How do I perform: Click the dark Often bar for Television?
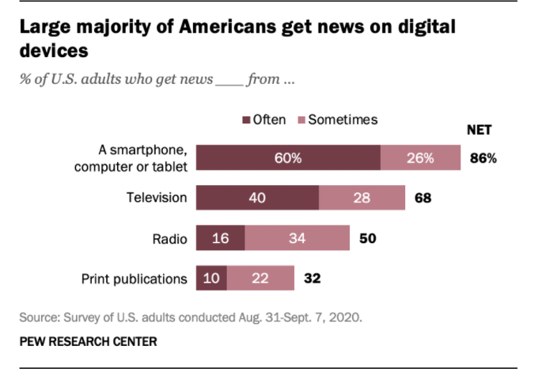[x=257, y=197]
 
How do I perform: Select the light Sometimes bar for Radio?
[x=298, y=237]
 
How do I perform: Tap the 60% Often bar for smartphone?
[x=288, y=158]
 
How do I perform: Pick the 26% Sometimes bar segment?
[x=420, y=158]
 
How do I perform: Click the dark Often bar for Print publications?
[x=211, y=278]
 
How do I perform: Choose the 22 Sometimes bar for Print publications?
[x=260, y=278]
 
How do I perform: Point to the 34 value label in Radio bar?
[x=298, y=237]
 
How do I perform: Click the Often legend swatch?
[x=245, y=120]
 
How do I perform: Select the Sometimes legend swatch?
[x=301, y=120]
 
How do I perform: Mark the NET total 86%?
[x=483, y=158]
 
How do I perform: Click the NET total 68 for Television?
[x=423, y=197]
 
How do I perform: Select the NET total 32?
[x=312, y=278]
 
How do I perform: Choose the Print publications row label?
[x=135, y=278]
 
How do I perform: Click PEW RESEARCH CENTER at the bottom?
[x=89, y=342]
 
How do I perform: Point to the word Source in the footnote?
[x=39, y=318]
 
